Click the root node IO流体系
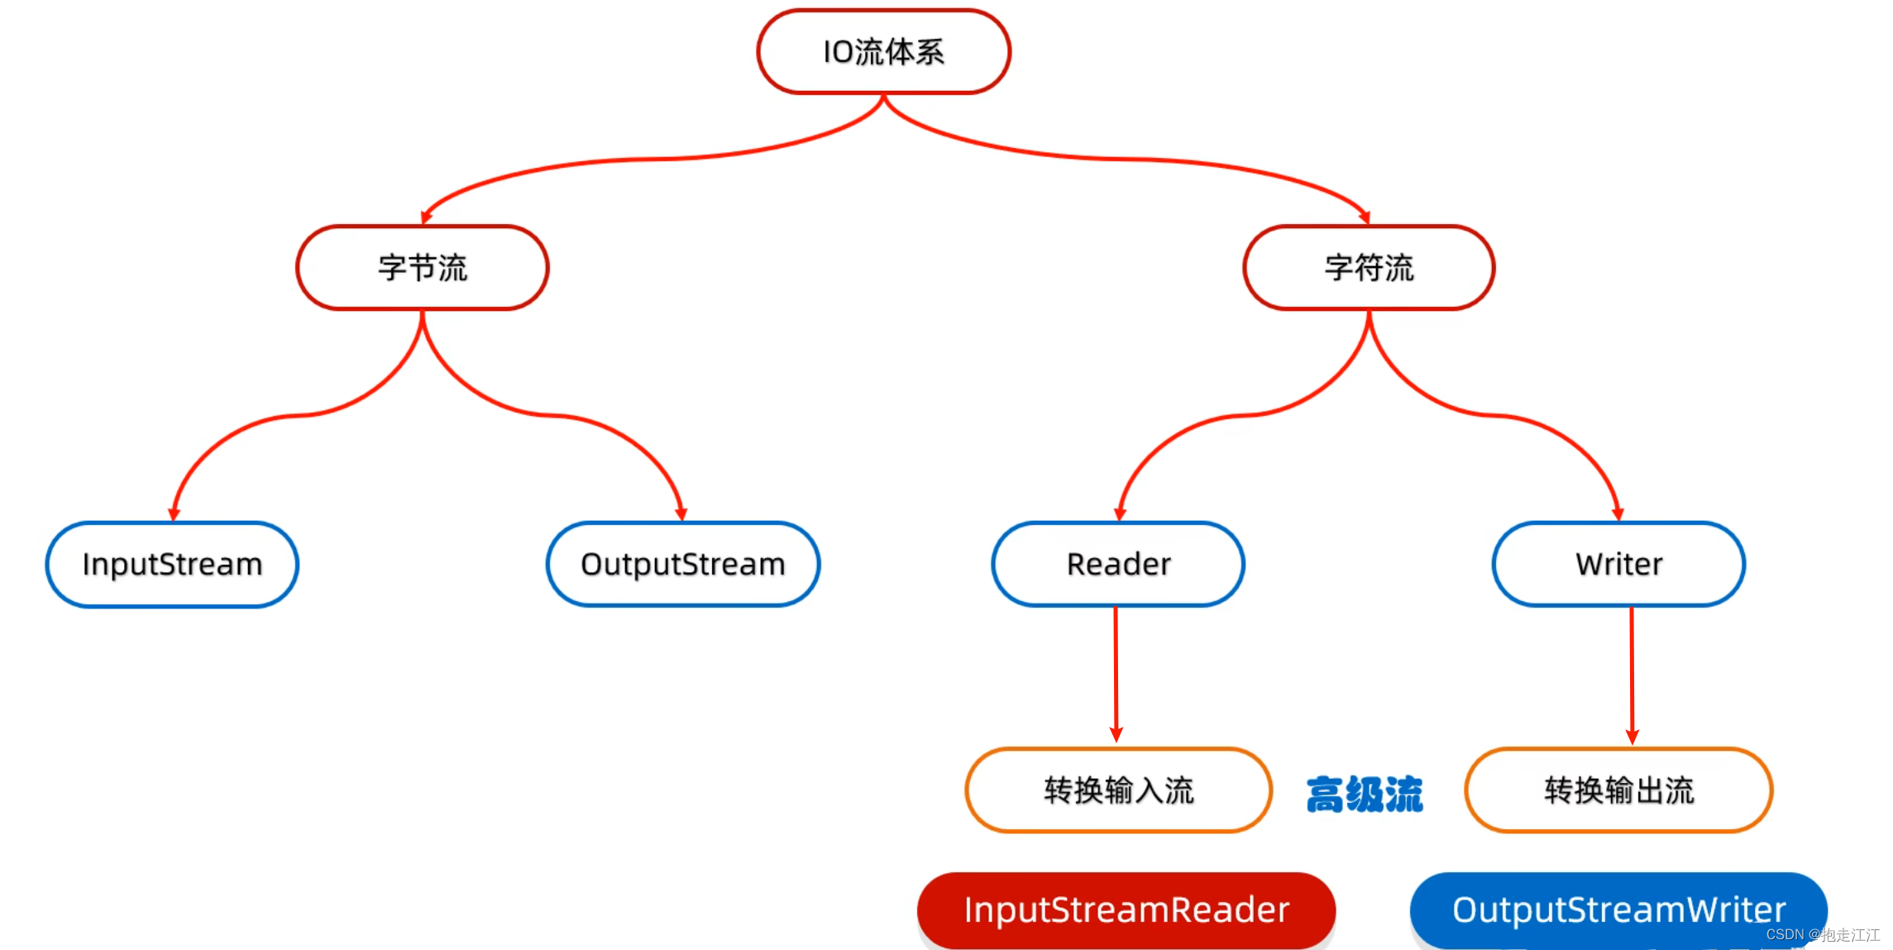[883, 52]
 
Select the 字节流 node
[423, 268]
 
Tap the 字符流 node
[1369, 268]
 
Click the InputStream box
[172, 565]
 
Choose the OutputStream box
[683, 565]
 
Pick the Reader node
[1118, 565]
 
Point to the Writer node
[1618, 565]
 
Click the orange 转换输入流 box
[1118, 790]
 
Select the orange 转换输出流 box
[1618, 790]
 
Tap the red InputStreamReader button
[1126, 910]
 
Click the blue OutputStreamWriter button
[1618, 910]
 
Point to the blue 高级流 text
[1365, 795]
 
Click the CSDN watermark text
[1823, 935]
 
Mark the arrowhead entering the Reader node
[1121, 514]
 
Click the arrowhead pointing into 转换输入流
[1116, 734]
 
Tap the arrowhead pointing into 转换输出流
[1632, 736]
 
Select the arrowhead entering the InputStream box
[174, 514]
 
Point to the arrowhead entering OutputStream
[681, 514]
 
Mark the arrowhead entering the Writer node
[1618, 514]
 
